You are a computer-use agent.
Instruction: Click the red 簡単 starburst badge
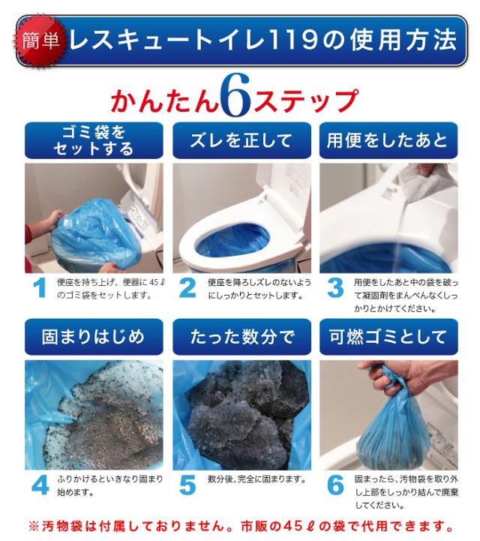click(x=40, y=41)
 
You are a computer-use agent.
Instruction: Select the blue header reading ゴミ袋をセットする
click(x=94, y=140)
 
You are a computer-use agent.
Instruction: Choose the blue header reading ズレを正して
click(x=241, y=140)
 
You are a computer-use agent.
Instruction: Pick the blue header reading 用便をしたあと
click(x=388, y=140)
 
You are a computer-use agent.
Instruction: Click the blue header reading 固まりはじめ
click(x=94, y=337)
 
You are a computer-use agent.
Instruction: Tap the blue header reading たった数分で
click(x=241, y=337)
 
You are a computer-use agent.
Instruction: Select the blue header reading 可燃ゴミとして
click(x=388, y=337)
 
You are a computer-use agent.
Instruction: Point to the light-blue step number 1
click(x=40, y=287)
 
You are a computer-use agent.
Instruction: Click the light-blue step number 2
click(x=187, y=287)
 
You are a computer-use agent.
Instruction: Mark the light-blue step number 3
click(x=335, y=287)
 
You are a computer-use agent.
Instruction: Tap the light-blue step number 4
click(x=40, y=485)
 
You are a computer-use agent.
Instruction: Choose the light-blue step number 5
click(x=187, y=485)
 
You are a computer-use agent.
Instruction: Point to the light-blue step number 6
click(x=335, y=485)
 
